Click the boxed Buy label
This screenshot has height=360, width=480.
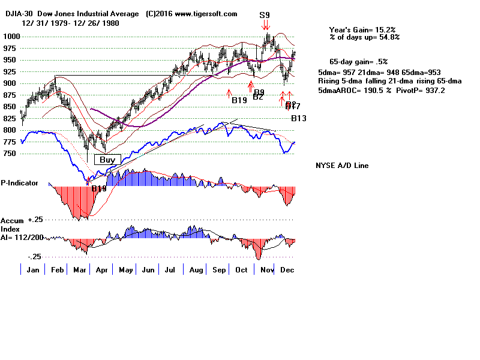[107, 160]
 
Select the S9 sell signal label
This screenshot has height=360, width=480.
[265, 14]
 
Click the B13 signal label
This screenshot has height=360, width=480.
[299, 119]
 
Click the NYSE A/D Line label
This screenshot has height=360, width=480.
[342, 166]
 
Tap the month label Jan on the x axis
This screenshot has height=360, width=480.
[34, 270]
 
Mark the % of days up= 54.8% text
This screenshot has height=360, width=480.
[364, 37]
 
